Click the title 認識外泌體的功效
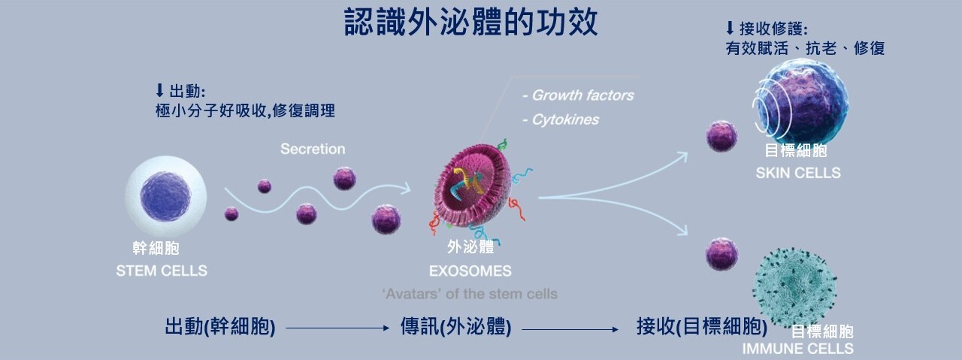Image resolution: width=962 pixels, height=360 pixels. pyautogui.click(x=470, y=23)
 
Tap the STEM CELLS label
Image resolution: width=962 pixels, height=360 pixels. pyautogui.click(x=161, y=271)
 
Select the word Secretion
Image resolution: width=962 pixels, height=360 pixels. pyautogui.click(x=313, y=149)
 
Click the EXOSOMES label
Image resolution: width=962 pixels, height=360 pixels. pyautogui.click(x=470, y=271)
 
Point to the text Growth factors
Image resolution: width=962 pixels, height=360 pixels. pyautogui.click(x=578, y=95)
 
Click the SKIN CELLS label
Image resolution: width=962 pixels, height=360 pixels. pyautogui.click(x=797, y=174)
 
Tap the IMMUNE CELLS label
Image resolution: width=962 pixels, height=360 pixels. pyautogui.click(x=797, y=349)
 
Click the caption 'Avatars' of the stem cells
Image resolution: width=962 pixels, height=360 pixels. pyautogui.click(x=470, y=293)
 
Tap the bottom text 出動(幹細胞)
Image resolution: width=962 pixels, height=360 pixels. pyautogui.click(x=220, y=328)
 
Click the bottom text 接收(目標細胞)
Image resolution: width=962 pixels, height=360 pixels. pyautogui.click(x=701, y=328)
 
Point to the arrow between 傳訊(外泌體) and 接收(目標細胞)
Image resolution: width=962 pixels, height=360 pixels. pyautogui.click(x=570, y=329)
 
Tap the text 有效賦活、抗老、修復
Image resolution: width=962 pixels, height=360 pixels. pyautogui.click(x=805, y=49)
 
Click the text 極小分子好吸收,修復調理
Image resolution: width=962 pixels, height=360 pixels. pyautogui.click(x=244, y=111)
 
